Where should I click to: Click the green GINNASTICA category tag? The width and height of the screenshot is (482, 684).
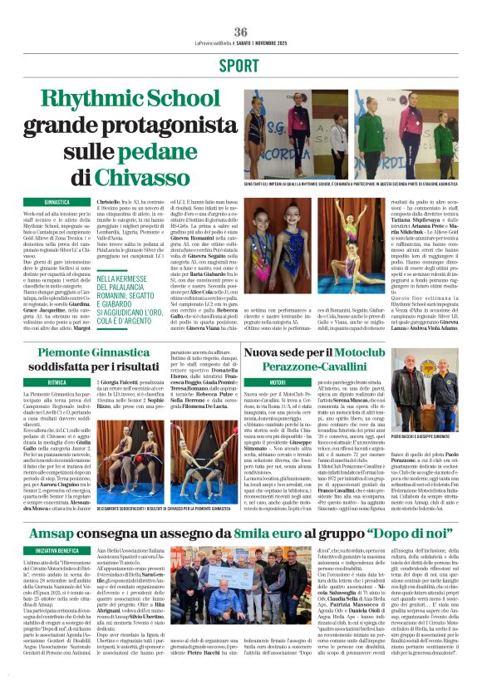(57, 201)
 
